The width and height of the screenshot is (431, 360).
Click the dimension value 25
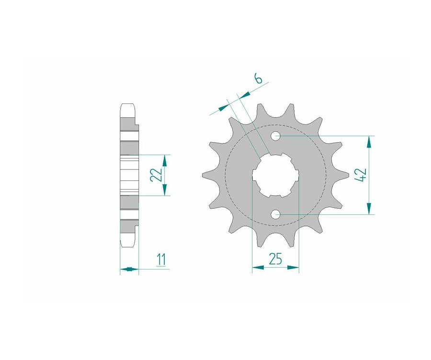pyautogui.click(x=275, y=259)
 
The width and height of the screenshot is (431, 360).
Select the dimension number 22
pyautogui.click(x=156, y=175)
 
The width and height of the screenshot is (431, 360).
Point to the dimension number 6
pyautogui.click(x=258, y=79)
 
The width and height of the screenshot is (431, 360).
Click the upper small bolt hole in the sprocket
pyautogui.click(x=275, y=136)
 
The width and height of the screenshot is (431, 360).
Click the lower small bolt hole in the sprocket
pyautogui.click(x=275, y=214)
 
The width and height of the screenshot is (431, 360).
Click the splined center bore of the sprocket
pyautogui.click(x=275, y=175)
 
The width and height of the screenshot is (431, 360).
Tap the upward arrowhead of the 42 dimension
pyautogui.click(x=369, y=142)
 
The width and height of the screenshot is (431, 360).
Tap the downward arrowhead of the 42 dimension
pyautogui.click(x=369, y=208)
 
